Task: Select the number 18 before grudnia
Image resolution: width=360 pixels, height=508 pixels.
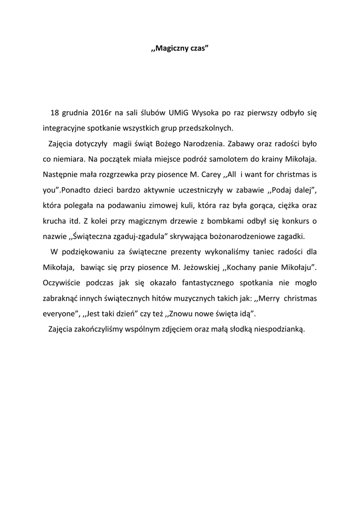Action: coord(55,113)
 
